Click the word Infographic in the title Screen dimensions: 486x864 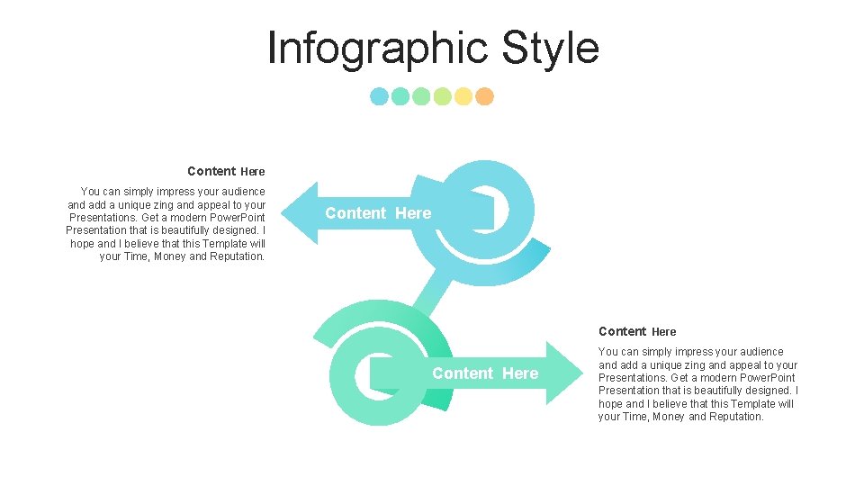(378, 49)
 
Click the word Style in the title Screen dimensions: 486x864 (550, 49)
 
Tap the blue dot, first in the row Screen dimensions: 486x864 (380, 96)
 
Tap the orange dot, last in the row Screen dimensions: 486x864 (484, 96)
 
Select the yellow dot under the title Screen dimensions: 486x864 (463, 96)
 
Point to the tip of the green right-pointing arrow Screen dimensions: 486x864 (582, 373)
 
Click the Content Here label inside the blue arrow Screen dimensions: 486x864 (378, 213)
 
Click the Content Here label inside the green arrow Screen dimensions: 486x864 (485, 373)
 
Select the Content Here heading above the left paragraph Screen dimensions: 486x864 (226, 171)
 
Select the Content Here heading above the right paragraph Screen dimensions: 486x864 (637, 331)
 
